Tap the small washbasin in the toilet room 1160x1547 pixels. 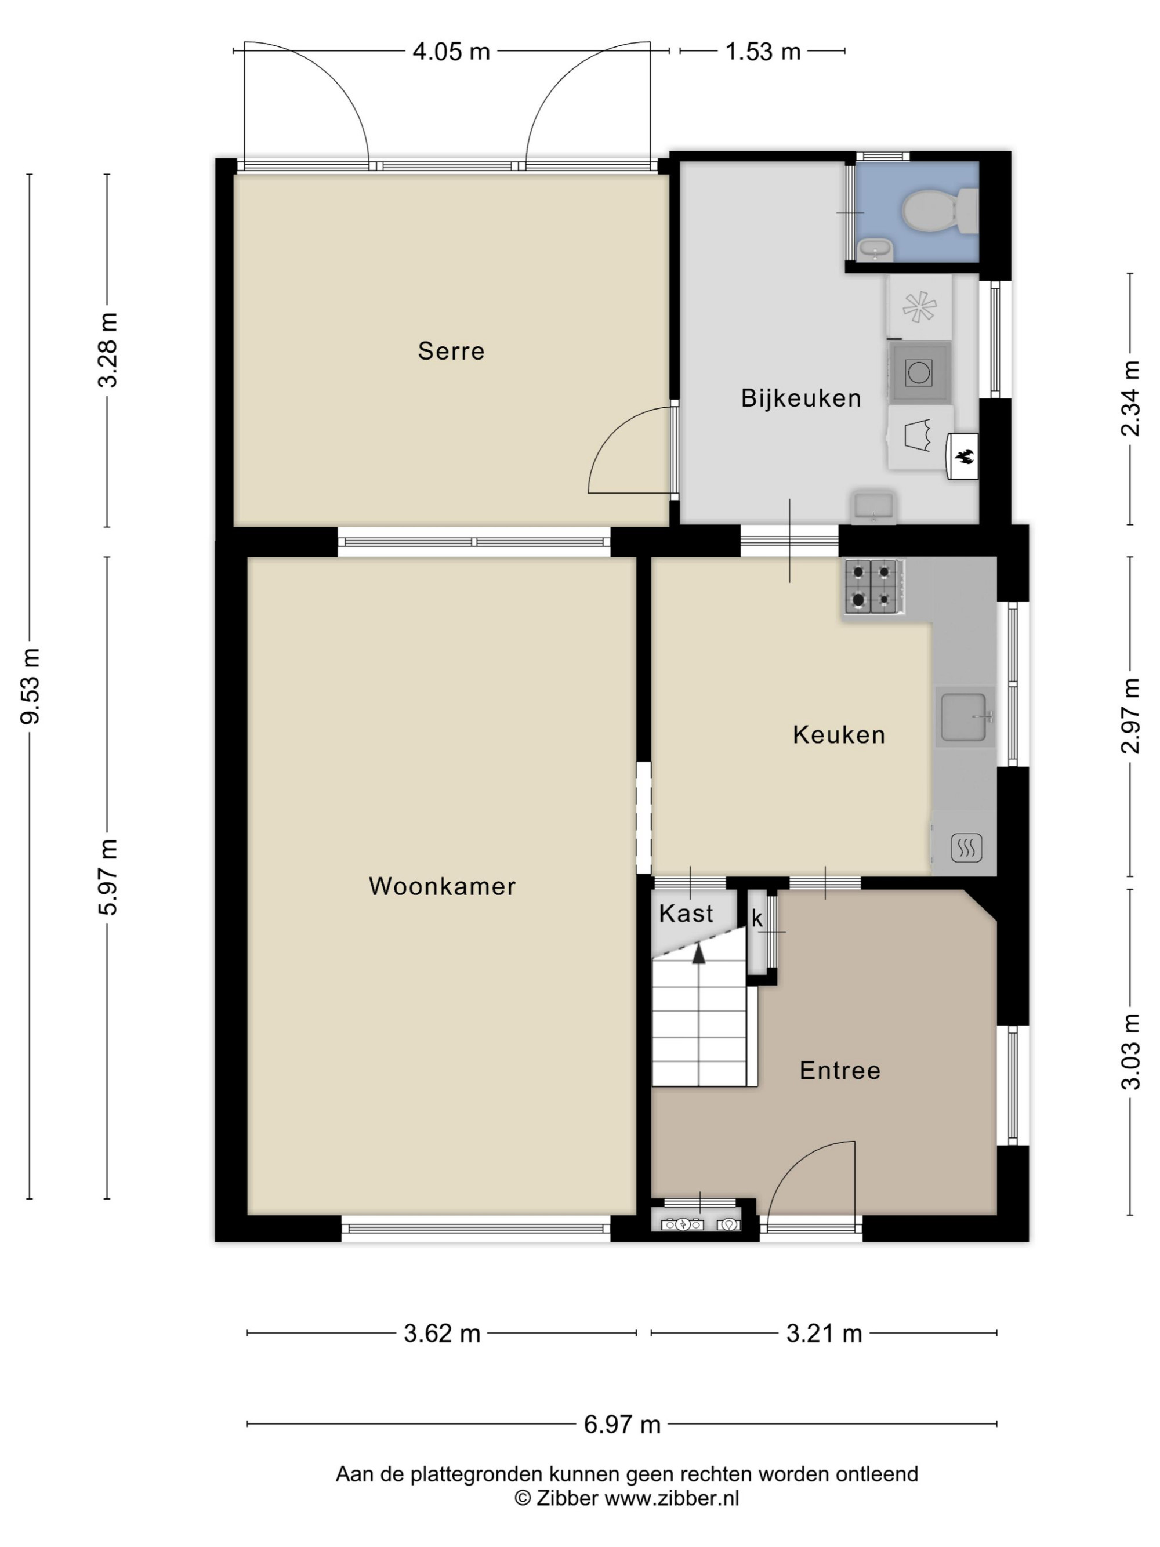875,248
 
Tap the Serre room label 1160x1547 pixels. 451,350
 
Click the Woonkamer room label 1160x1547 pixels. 442,886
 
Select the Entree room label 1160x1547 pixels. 840,1070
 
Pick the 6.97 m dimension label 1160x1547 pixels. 622,1424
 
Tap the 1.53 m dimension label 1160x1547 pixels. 762,51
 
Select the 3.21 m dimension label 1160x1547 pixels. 824,1333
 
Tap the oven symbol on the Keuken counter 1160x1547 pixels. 966,847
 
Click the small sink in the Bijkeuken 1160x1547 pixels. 873,506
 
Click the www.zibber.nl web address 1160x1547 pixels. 671,1498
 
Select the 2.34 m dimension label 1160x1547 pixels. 1130,398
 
